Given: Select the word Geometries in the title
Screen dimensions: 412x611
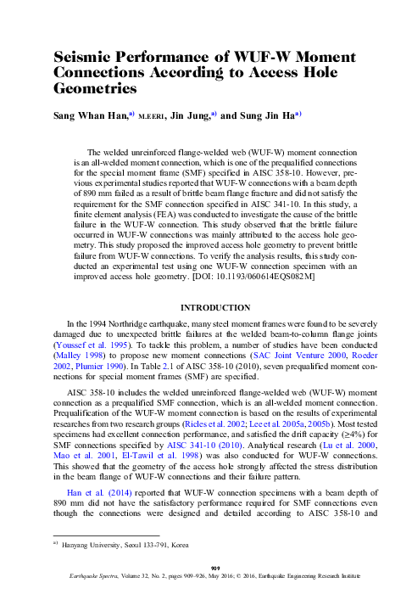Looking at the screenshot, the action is coord(92,87).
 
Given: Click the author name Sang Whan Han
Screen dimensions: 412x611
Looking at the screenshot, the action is coord(87,115).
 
